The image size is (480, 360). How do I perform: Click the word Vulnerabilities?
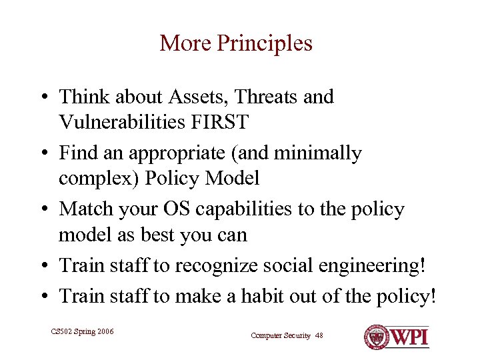(121, 122)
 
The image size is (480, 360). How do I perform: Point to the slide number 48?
(319, 335)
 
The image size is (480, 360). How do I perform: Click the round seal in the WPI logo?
(375, 335)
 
